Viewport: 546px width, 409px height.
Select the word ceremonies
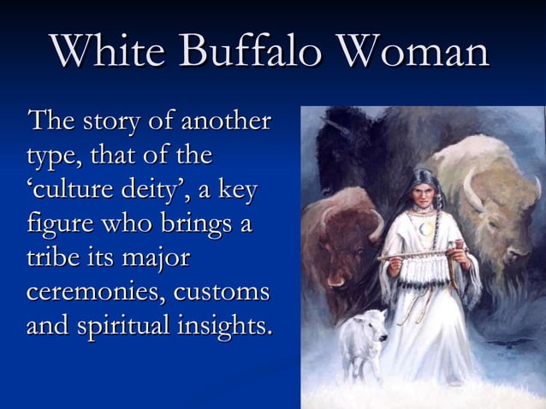[93, 292]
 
